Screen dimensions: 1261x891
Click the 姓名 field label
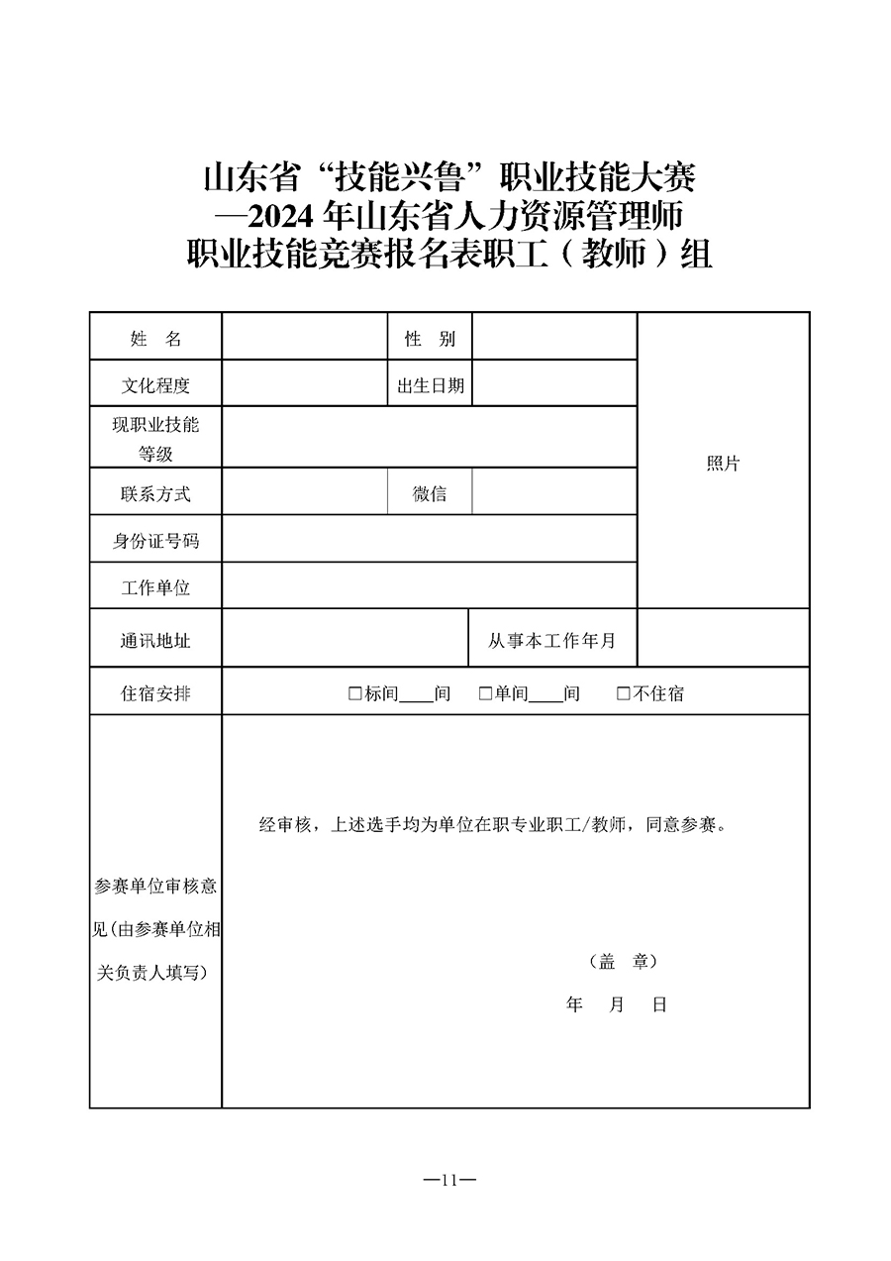[x=155, y=339]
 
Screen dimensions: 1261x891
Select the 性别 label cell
[x=430, y=339]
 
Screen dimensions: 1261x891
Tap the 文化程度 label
[x=155, y=385]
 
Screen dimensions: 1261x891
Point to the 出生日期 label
[x=430, y=385]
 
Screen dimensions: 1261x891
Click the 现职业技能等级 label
[x=155, y=439]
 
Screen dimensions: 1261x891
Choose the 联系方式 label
[x=155, y=493]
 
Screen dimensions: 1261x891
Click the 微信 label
[x=430, y=493]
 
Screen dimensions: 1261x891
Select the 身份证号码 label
[x=155, y=541]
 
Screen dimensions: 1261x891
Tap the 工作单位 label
[x=155, y=587]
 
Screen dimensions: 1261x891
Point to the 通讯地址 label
[x=155, y=641]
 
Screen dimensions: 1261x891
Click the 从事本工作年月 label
[x=551, y=641]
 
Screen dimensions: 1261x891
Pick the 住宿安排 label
[x=155, y=693]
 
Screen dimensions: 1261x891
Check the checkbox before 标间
[x=354, y=693]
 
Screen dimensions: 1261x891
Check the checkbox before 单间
[x=485, y=693]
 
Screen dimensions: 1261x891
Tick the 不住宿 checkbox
[x=623, y=693]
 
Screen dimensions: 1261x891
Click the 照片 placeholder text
[x=723, y=464]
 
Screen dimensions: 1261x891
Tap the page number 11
[x=449, y=1180]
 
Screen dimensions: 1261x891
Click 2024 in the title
[x=279, y=215]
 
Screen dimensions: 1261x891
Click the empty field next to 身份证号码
[x=429, y=541]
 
